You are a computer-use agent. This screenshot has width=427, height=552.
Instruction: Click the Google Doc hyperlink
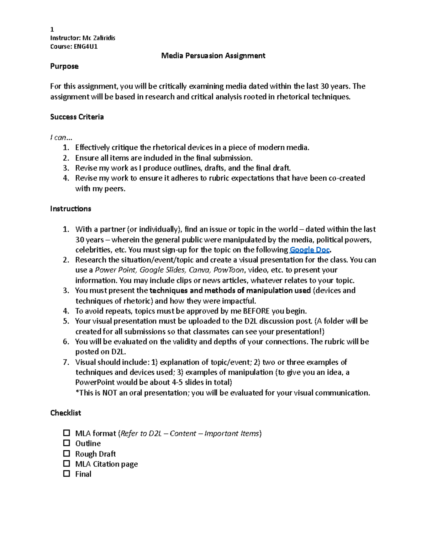pyautogui.click(x=310, y=250)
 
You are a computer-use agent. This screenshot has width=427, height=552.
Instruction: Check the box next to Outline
pyautogui.click(x=67, y=443)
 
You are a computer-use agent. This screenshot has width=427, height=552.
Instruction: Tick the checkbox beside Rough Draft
pyautogui.click(x=67, y=454)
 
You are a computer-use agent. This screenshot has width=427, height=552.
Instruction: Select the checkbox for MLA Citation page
pyautogui.click(x=67, y=463)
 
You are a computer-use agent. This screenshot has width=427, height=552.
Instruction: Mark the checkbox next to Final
pyautogui.click(x=67, y=474)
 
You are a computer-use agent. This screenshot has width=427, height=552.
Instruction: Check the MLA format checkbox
pyautogui.click(x=67, y=433)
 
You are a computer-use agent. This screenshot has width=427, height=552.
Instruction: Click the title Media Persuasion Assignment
pyautogui.click(x=213, y=56)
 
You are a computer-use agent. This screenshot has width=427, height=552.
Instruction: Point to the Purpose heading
pyautogui.click(x=64, y=66)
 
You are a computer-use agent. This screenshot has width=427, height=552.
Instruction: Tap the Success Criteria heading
pyautogui.click(x=77, y=117)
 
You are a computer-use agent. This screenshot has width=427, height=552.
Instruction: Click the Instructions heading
pyautogui.click(x=70, y=209)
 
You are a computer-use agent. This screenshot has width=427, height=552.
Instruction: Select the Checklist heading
pyautogui.click(x=65, y=413)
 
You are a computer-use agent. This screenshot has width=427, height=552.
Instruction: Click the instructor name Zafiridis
pyautogui.click(x=104, y=38)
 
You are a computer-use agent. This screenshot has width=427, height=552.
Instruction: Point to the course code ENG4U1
pyautogui.click(x=86, y=47)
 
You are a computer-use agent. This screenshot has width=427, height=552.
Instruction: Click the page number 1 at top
pyautogui.click(x=52, y=30)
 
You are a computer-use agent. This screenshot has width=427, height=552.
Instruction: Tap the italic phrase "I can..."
pyautogui.click(x=61, y=138)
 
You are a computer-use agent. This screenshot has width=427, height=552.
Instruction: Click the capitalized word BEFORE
pyautogui.click(x=256, y=311)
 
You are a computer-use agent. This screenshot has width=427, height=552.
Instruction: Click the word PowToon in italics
pyautogui.click(x=229, y=270)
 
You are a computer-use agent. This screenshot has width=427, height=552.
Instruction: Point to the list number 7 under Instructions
pyautogui.click(x=65, y=362)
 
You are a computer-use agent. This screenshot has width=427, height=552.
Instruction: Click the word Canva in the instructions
pyautogui.click(x=199, y=270)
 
